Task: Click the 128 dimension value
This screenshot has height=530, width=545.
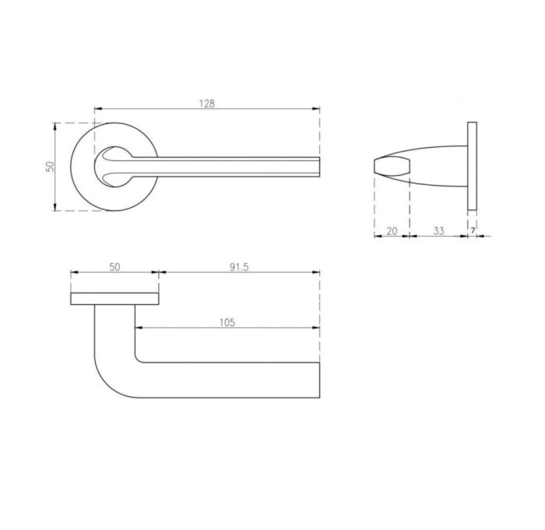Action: coord(207,104)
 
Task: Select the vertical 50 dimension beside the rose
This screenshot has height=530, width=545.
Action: coord(51,167)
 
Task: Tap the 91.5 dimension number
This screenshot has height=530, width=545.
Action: coord(239,267)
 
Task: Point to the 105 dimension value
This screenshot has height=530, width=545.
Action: coord(227,322)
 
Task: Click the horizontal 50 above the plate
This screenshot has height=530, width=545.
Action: coord(114,267)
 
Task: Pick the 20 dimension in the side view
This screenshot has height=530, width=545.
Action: coord(392,231)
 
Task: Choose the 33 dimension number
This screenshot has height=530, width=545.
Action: coord(438,231)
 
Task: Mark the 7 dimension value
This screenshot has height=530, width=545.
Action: coord(473,230)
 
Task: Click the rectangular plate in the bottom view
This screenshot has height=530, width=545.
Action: coord(114,299)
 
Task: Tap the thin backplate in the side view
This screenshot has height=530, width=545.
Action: coord(472,166)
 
